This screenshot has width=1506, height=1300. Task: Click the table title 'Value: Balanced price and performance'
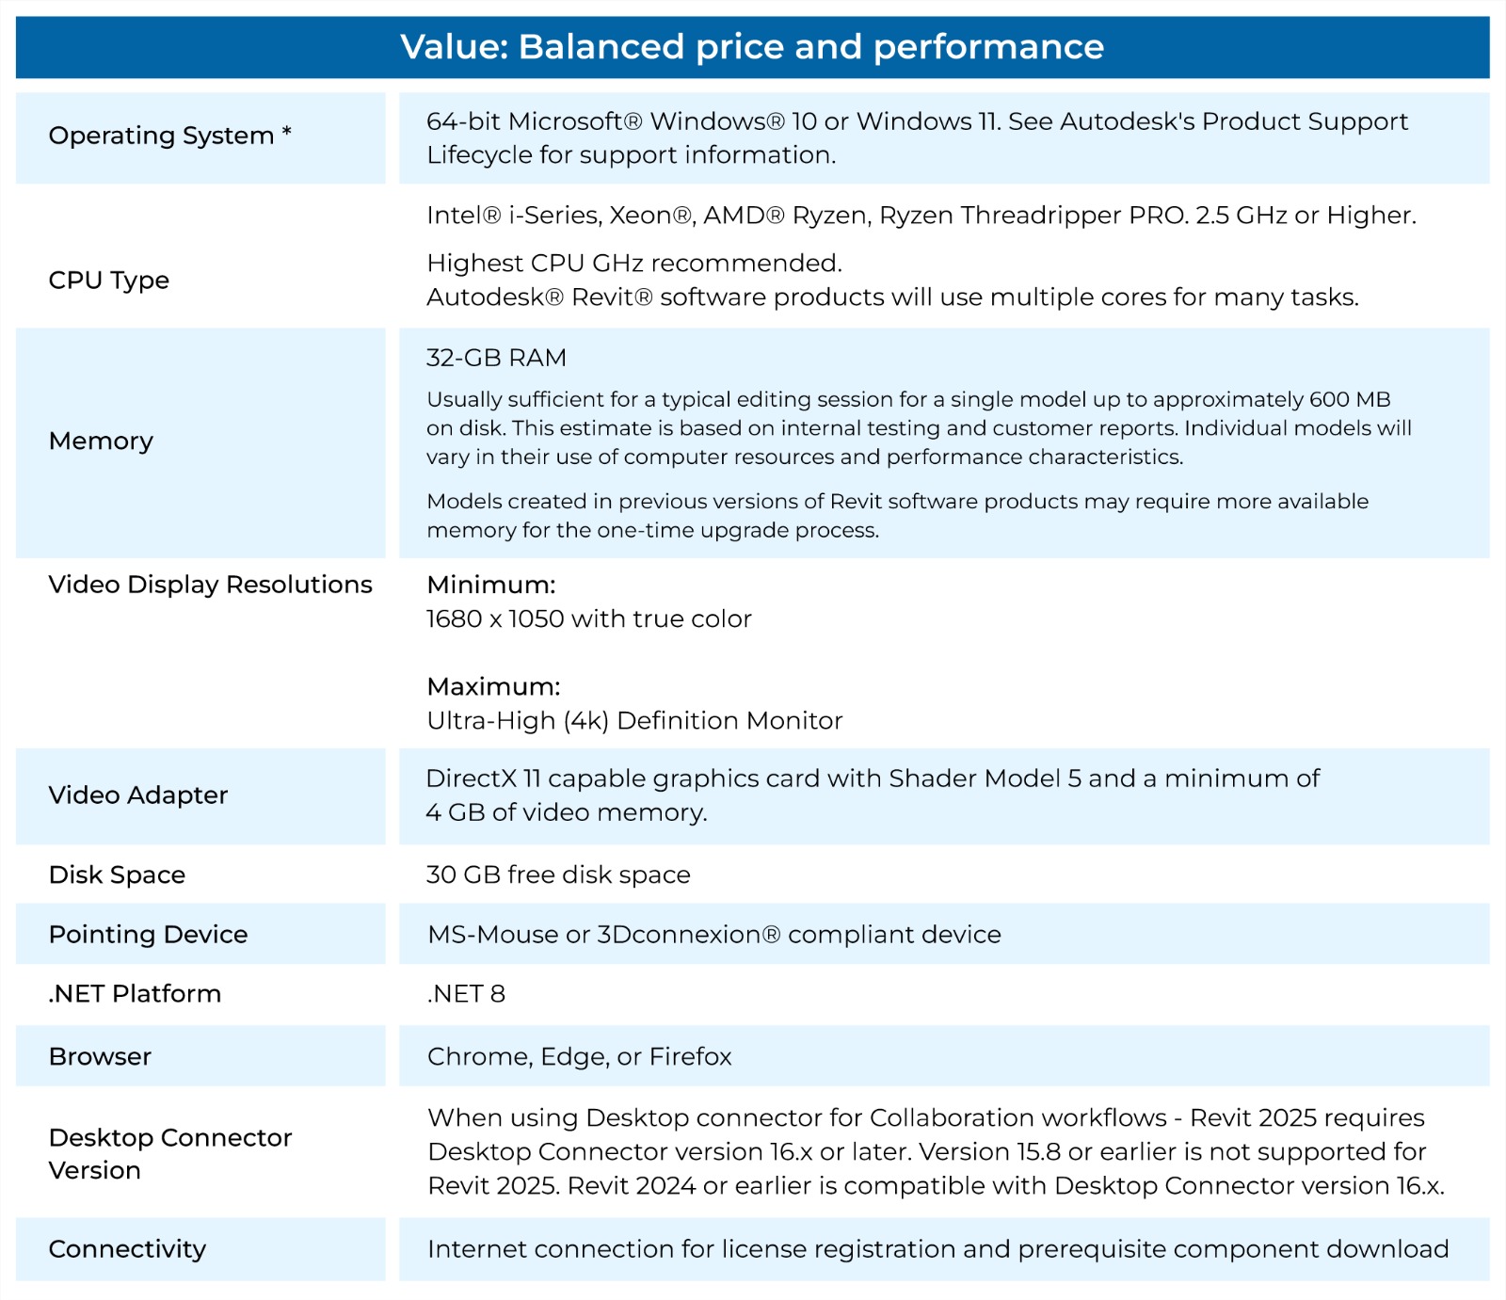pyautogui.click(x=752, y=47)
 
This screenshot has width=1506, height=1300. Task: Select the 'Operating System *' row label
pyautogui.click(x=169, y=136)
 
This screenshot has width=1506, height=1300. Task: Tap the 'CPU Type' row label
pyautogui.click(x=109, y=281)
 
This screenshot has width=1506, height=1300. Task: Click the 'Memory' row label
pyautogui.click(x=101, y=441)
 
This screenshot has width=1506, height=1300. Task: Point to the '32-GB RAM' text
pyautogui.click(x=496, y=358)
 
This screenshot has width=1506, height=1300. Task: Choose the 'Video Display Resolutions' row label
pyautogui.click(x=210, y=585)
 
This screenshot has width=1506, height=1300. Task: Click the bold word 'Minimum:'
pyautogui.click(x=491, y=585)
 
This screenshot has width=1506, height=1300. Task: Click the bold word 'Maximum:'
pyautogui.click(x=493, y=686)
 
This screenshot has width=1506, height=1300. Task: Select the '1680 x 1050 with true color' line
pyautogui.click(x=588, y=618)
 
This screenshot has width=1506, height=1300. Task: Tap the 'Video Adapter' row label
pyautogui.click(x=138, y=795)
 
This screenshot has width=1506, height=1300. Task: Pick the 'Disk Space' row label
pyautogui.click(x=117, y=875)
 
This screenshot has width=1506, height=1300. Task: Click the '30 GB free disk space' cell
pyautogui.click(x=558, y=875)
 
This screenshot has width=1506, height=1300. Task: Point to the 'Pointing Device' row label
pyautogui.click(x=148, y=934)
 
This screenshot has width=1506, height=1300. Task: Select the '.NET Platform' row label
pyautogui.click(x=135, y=993)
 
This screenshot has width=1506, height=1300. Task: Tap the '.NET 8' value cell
pyautogui.click(x=466, y=993)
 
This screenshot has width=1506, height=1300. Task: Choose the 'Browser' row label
pyautogui.click(x=100, y=1056)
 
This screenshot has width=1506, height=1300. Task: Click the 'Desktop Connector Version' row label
pyautogui.click(x=169, y=1153)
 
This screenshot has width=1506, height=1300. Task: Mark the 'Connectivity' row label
pyautogui.click(x=127, y=1249)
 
